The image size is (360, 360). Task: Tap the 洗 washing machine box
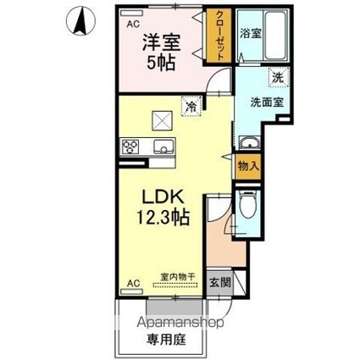tap(276, 77)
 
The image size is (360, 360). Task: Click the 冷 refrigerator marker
tap(191, 106)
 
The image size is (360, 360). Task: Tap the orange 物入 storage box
tap(247, 168)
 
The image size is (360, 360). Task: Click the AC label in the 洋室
tap(132, 25)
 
